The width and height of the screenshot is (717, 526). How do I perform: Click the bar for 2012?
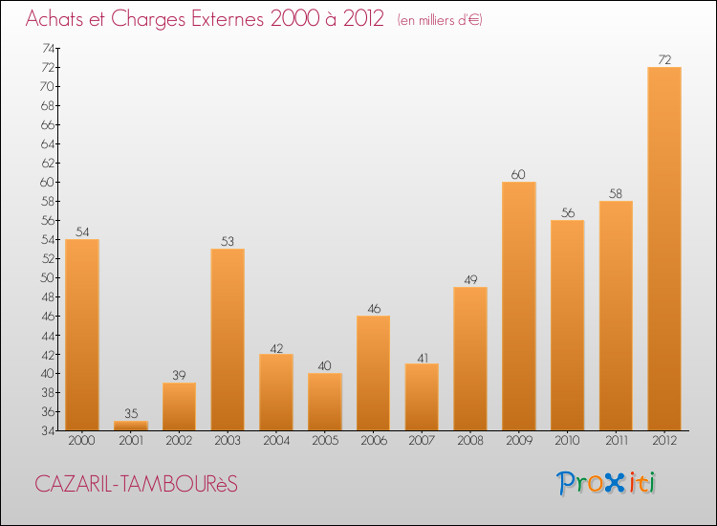click(664, 249)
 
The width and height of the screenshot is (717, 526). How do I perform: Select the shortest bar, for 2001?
click(131, 426)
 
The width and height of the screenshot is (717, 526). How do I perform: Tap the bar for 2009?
click(519, 306)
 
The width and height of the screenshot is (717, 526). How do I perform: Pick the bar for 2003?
click(228, 340)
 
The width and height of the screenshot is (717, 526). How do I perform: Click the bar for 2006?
click(374, 373)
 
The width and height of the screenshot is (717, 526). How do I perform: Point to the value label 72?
click(664, 59)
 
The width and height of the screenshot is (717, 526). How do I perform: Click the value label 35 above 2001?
click(131, 413)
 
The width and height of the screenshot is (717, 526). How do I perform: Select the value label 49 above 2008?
click(470, 279)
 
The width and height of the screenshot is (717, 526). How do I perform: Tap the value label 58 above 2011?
click(616, 193)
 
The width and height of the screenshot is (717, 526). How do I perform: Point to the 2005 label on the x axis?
click(325, 441)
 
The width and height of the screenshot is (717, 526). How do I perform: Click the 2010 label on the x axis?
click(568, 441)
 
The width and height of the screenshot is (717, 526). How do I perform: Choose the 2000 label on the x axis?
click(82, 441)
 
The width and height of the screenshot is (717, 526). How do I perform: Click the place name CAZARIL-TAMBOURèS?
click(136, 484)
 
